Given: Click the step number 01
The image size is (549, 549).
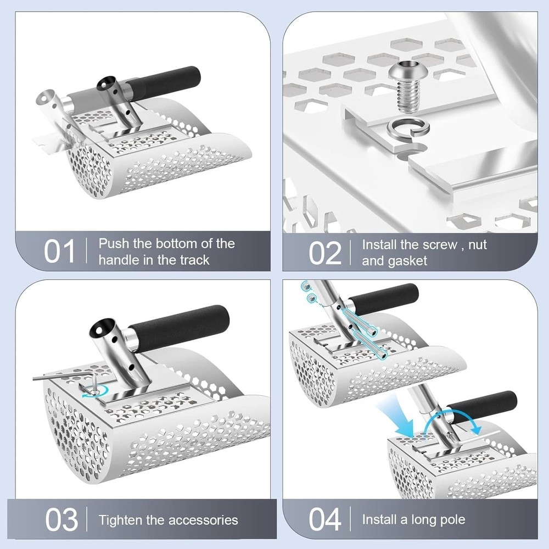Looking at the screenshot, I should [59, 251].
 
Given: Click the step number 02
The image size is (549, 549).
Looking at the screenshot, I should [325, 251].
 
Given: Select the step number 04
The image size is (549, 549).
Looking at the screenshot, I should [326, 519].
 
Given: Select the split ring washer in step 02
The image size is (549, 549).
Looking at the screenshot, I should [404, 131].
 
